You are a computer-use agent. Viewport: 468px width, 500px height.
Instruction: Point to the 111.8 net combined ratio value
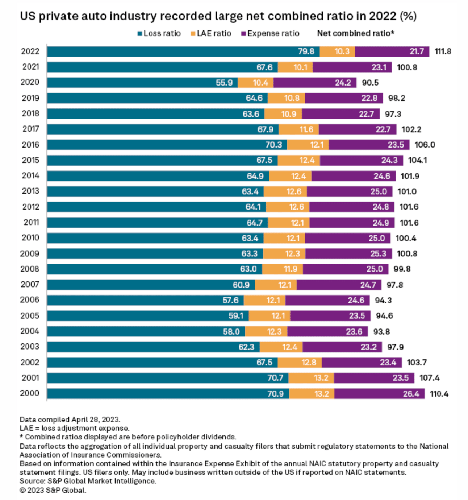click(x=443, y=51)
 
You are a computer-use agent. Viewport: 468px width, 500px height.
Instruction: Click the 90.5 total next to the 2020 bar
click(x=370, y=83)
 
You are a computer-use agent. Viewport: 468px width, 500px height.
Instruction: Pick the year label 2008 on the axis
click(x=30, y=269)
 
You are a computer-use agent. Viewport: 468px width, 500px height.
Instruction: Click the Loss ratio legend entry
click(x=159, y=33)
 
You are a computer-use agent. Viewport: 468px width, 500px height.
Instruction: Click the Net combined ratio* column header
click(x=355, y=33)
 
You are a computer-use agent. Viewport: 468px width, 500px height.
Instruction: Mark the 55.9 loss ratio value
click(x=224, y=83)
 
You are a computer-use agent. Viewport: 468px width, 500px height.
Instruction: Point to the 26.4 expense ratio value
click(x=411, y=394)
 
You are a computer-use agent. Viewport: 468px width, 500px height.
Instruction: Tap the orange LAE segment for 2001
click(x=311, y=378)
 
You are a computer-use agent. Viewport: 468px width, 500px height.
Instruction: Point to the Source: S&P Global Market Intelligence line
click(x=88, y=481)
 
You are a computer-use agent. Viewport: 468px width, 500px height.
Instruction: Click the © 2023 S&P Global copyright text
click(x=53, y=490)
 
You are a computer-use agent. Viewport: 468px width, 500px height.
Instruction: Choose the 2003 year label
click(x=30, y=347)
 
